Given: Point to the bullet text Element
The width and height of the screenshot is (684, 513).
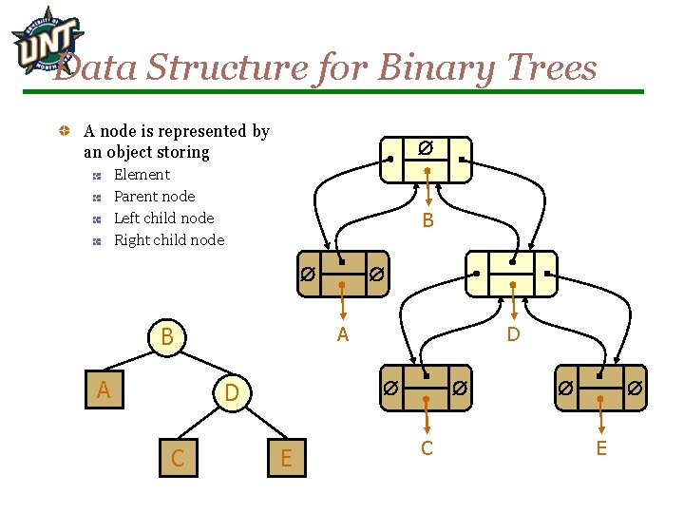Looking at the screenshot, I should tap(142, 175).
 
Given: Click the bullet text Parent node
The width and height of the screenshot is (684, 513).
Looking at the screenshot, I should tap(154, 197).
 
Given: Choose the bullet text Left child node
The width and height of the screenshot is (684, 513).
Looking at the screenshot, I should tap(163, 218).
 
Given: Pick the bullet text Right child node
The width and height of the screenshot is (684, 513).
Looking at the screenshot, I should tap(169, 240).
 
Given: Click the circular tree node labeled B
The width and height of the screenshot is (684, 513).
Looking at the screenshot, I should tap(167, 337).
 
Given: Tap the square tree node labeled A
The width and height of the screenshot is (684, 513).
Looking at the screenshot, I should tap(104, 389).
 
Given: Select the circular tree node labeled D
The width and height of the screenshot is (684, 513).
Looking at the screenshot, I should tap(230, 391).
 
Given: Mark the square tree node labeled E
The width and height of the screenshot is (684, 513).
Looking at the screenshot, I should tap(286, 459).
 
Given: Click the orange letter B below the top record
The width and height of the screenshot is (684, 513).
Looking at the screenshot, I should tap(427, 221).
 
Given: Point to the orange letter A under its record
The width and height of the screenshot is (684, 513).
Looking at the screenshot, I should tap(343, 333).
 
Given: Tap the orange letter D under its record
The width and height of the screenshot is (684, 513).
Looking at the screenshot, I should tap(513, 333).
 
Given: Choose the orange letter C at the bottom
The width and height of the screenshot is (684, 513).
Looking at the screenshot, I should tap(427, 447).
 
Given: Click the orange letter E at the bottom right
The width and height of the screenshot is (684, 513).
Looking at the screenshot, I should tap(600, 447).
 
